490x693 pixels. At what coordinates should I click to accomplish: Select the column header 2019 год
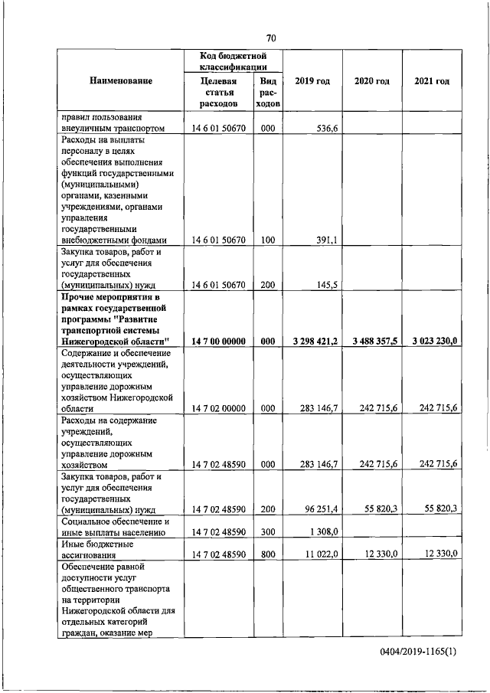click(x=312, y=81)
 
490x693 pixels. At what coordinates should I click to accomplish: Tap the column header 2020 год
click(x=372, y=81)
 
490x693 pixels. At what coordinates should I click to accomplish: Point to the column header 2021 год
click(x=432, y=81)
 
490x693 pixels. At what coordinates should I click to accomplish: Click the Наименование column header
click(x=120, y=81)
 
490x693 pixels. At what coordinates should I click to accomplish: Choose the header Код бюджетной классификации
click(x=231, y=61)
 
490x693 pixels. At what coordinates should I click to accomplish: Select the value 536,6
click(x=326, y=129)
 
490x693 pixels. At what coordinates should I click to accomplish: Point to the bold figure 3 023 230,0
click(x=430, y=342)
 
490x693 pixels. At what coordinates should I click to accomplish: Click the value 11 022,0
click(x=321, y=554)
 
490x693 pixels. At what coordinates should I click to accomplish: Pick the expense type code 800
click(x=267, y=554)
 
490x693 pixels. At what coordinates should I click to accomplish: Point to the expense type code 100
click(x=267, y=240)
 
